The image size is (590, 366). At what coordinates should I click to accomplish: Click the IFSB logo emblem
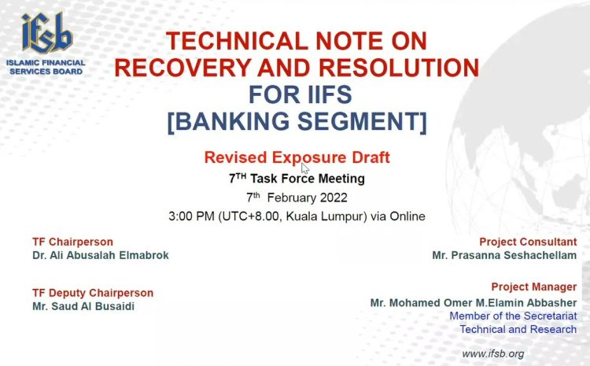pos(47,33)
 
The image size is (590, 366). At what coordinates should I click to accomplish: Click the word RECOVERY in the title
pos(183,68)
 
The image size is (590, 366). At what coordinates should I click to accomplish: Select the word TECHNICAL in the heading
pos(238,41)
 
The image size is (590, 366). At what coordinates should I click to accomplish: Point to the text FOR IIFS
pos(301,94)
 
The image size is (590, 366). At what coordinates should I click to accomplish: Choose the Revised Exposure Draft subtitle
pos(297,157)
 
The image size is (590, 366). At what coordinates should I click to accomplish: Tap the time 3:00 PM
pos(191,216)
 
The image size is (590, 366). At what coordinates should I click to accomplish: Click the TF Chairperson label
pos(72,242)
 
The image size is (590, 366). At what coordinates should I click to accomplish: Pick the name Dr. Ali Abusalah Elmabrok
pos(101,255)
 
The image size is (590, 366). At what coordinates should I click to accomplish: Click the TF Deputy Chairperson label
pos(93,293)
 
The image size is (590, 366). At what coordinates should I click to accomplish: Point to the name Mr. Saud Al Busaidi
pos(83,306)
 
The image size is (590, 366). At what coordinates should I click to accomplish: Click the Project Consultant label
pos(528,242)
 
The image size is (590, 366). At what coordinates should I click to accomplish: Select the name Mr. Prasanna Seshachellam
pos(504,255)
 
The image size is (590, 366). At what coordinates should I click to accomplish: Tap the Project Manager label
pos(534,287)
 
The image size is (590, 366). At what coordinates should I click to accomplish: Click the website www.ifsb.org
pos(493,354)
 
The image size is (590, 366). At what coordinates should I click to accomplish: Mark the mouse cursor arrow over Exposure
pos(304,168)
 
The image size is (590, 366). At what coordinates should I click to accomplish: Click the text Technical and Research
pos(518,330)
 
